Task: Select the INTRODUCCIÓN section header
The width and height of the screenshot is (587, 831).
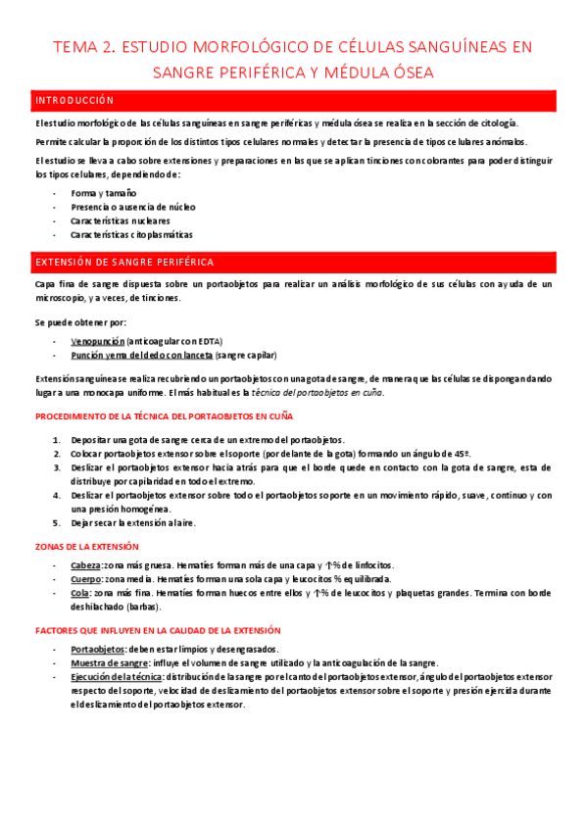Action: point(74,100)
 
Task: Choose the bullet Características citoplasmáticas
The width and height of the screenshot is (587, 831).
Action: point(131,234)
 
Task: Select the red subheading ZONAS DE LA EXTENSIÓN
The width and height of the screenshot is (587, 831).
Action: point(86,546)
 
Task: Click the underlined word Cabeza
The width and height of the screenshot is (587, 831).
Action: point(84,565)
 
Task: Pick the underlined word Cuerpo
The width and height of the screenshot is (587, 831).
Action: point(85,579)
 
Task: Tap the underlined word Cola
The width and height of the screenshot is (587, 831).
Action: point(79,593)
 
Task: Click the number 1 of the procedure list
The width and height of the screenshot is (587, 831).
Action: point(56,440)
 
